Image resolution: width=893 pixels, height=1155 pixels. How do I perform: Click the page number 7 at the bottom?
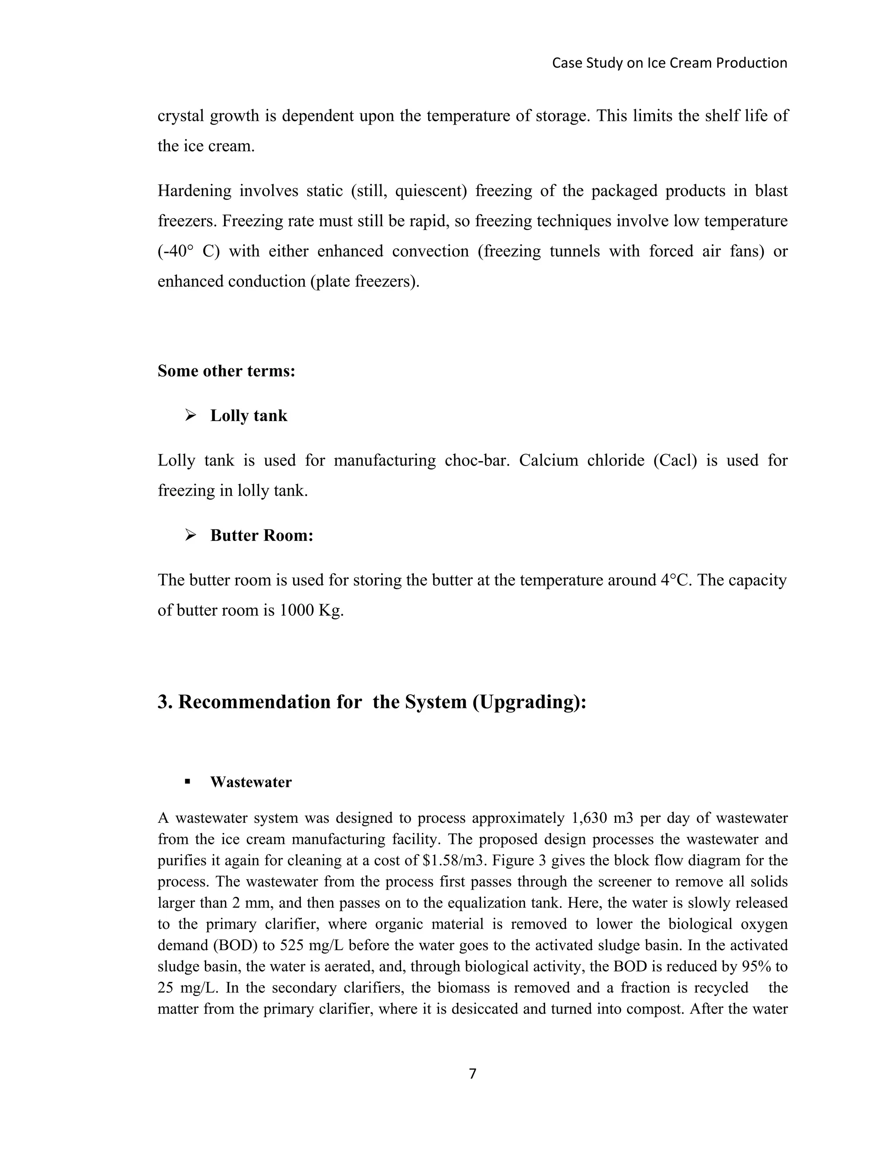click(472, 1073)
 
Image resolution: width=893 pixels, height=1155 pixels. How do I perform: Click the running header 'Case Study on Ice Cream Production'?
click(669, 63)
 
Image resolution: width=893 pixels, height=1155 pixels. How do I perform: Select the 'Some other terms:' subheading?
click(226, 371)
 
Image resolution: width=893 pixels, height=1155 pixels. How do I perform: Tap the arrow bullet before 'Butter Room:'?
click(191, 535)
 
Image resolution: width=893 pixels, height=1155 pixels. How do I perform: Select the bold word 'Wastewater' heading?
click(251, 782)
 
